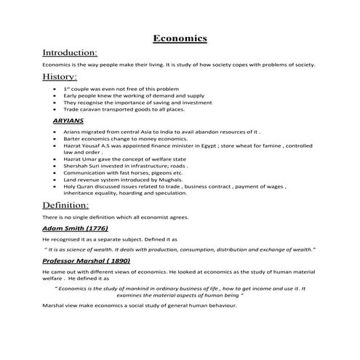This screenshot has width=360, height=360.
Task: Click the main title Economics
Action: coord(180,38)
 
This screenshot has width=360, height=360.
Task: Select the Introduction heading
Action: coord(70,53)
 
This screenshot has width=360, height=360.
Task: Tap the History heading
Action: coord(60,76)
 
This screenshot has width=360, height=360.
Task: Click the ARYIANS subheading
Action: coord(68,120)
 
